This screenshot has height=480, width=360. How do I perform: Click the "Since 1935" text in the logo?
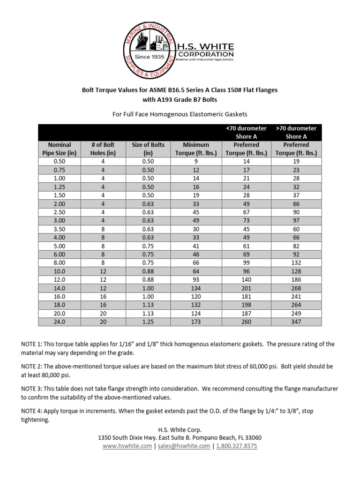point(149,57)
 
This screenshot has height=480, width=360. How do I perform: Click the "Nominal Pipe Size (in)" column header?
point(59,149)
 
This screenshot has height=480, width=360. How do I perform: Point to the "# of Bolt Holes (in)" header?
point(103,149)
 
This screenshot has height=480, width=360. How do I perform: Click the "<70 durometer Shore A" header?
point(246,132)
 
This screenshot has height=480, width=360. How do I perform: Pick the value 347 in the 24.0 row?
point(296,322)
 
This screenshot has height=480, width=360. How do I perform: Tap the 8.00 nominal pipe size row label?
point(59,262)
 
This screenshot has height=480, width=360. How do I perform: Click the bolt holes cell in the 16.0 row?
point(103,296)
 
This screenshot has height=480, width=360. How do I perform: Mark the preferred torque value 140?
point(246,279)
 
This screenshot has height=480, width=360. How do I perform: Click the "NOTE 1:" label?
point(35,344)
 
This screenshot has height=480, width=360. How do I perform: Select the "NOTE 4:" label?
point(35,411)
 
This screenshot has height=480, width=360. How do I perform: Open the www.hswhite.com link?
point(127,446)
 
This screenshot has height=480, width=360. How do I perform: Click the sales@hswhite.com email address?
point(184,446)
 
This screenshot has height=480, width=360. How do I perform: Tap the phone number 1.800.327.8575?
point(237,446)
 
